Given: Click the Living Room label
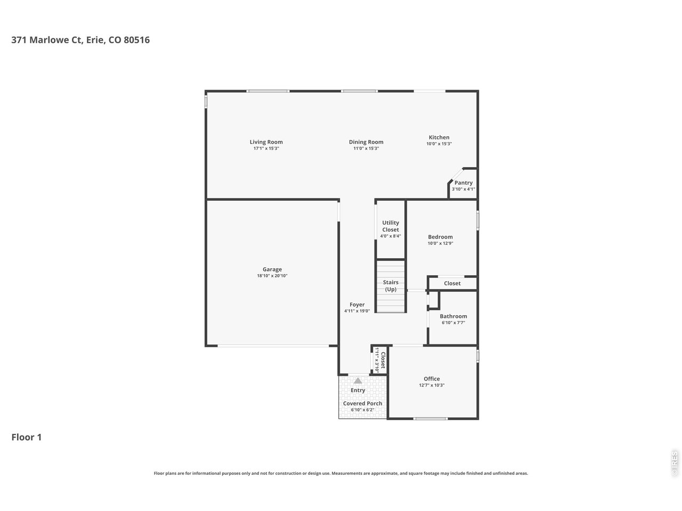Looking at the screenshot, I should [266, 142].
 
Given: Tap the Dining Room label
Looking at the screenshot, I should [366, 142].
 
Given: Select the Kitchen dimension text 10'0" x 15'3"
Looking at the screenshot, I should [439, 144].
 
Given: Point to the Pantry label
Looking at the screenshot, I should [463, 183].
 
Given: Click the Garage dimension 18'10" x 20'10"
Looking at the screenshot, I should [272, 276].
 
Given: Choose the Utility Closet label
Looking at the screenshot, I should [390, 226].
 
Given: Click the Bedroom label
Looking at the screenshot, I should [440, 237].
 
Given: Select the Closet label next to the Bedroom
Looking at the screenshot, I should [452, 283].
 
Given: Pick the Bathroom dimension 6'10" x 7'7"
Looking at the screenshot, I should [453, 323].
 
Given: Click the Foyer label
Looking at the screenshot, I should [357, 304].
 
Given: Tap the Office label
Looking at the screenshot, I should [432, 379].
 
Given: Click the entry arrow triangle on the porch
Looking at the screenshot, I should [358, 381].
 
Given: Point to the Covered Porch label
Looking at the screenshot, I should [362, 403].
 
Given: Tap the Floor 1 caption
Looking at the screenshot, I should [27, 438].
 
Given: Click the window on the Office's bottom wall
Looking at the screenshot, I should [431, 418].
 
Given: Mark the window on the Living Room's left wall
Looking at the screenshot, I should [206, 101].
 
